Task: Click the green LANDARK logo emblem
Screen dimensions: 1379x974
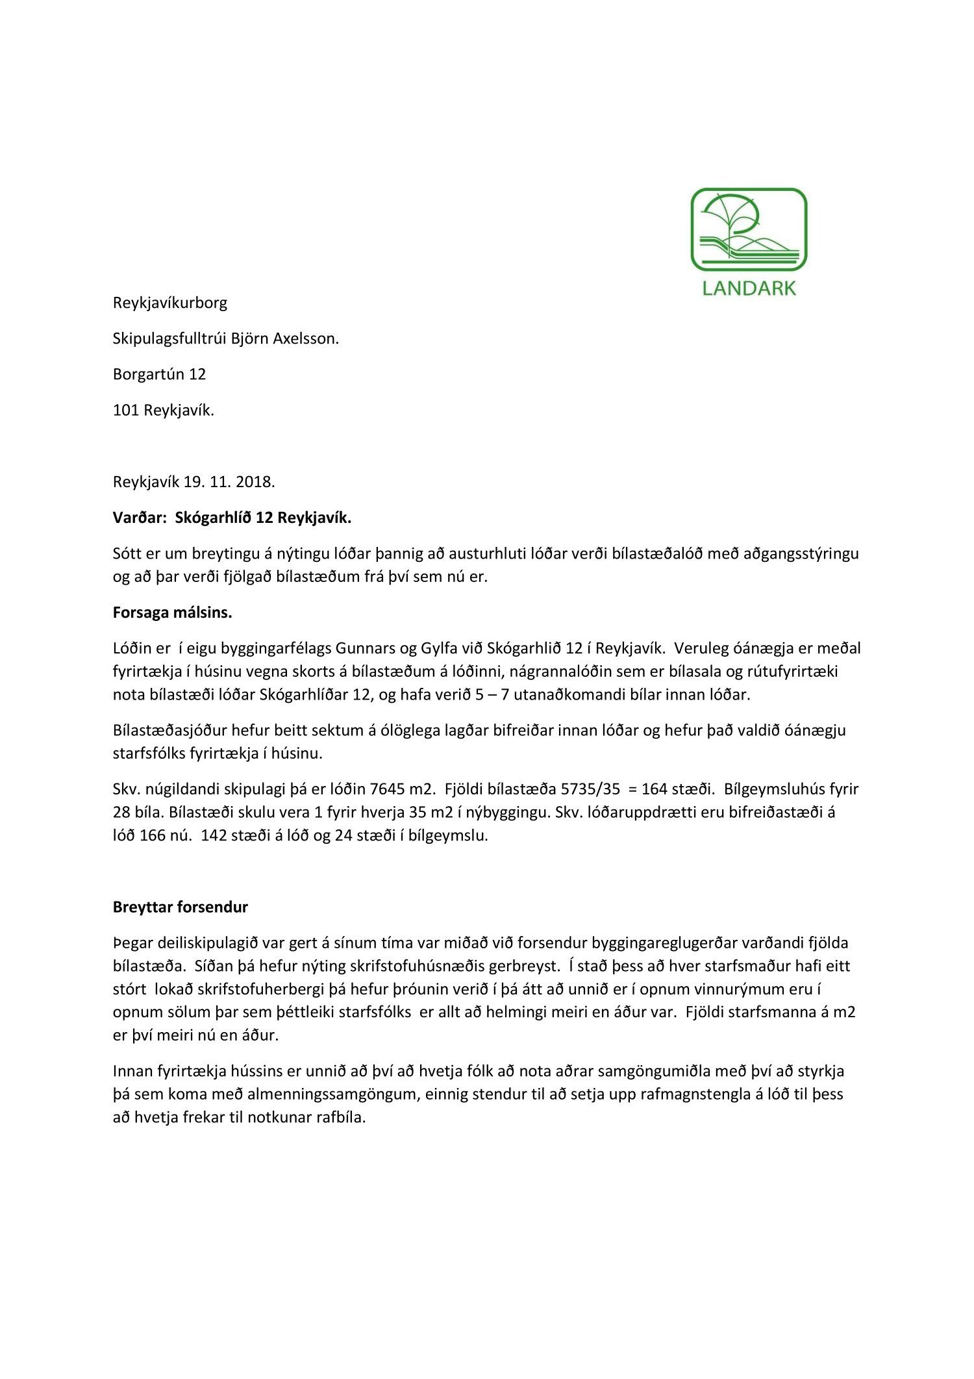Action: pyautogui.click(x=748, y=229)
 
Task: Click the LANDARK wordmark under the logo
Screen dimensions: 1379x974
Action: pyautogui.click(x=749, y=288)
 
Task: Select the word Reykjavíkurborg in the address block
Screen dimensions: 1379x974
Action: pyautogui.click(x=170, y=303)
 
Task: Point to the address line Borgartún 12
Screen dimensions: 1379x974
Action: pyautogui.click(x=159, y=374)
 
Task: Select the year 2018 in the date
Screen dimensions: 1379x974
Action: pyautogui.click(x=255, y=482)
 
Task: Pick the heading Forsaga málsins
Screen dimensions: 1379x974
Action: pyautogui.click(x=172, y=613)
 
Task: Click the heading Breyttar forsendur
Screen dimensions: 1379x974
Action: pyautogui.click(x=180, y=907)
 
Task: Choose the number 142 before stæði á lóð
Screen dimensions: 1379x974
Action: pyautogui.click(x=214, y=835)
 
